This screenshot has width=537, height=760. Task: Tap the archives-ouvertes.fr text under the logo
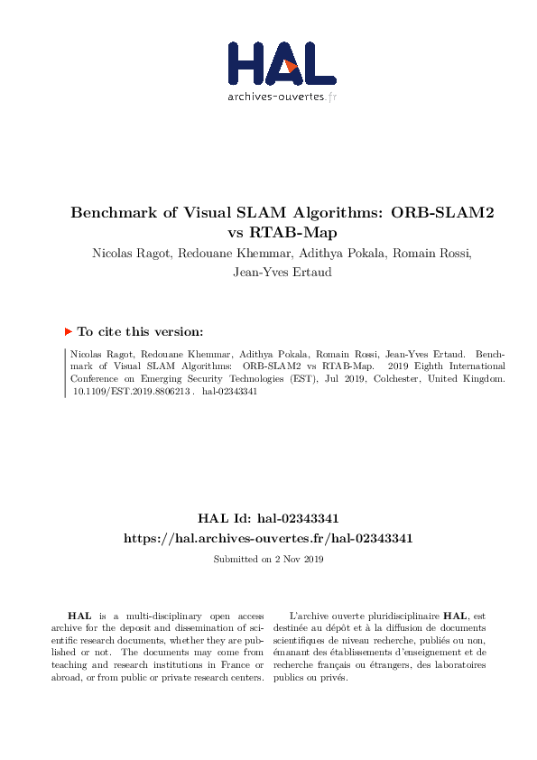[x=282, y=97]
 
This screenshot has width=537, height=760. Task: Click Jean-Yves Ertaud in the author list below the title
[x=268, y=272]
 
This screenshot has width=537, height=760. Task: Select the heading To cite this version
[x=140, y=331]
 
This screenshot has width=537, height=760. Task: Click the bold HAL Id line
[x=268, y=518]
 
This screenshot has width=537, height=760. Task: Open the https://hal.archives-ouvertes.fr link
[x=268, y=537]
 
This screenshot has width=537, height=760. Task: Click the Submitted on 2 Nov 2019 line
[x=268, y=560]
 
